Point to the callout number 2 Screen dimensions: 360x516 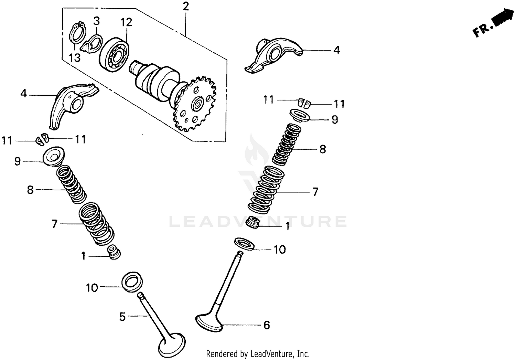(x=186, y=7)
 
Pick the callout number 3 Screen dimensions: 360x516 (x=97, y=21)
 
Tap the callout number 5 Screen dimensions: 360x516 (x=122, y=317)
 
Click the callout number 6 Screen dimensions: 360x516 (x=267, y=325)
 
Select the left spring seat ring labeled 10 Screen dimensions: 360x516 (x=132, y=281)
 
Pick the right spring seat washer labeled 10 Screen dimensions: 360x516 (x=245, y=243)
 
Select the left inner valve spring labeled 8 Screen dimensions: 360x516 (x=71, y=184)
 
